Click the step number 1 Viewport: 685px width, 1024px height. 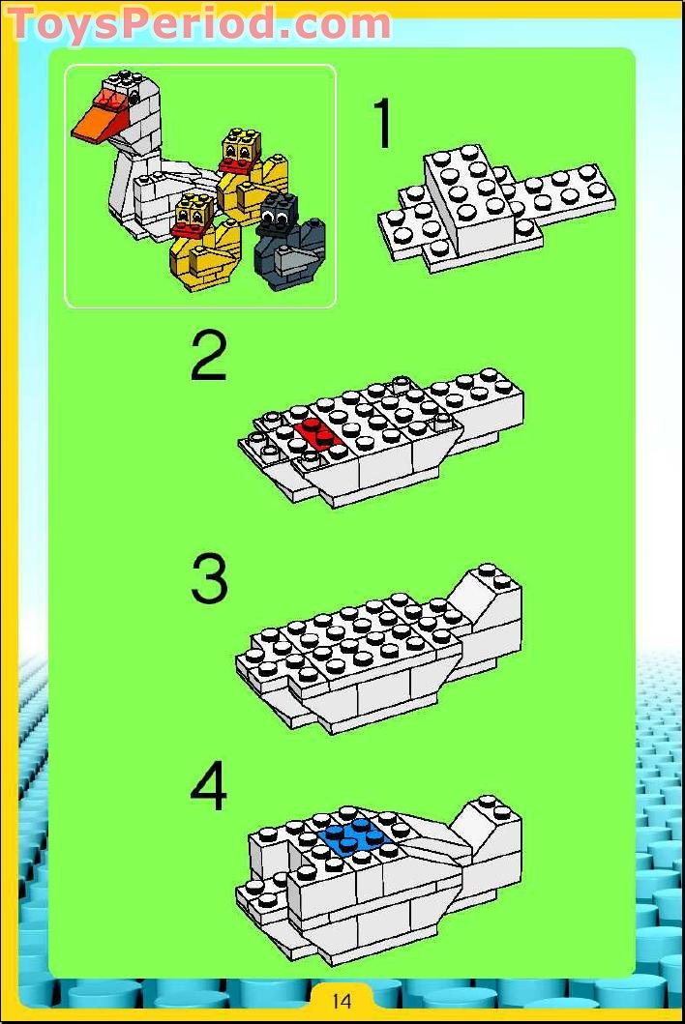pos(384,125)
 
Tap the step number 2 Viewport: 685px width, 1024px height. pos(209,357)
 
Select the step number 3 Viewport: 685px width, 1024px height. pos(209,580)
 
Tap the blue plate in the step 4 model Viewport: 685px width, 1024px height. pos(355,836)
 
